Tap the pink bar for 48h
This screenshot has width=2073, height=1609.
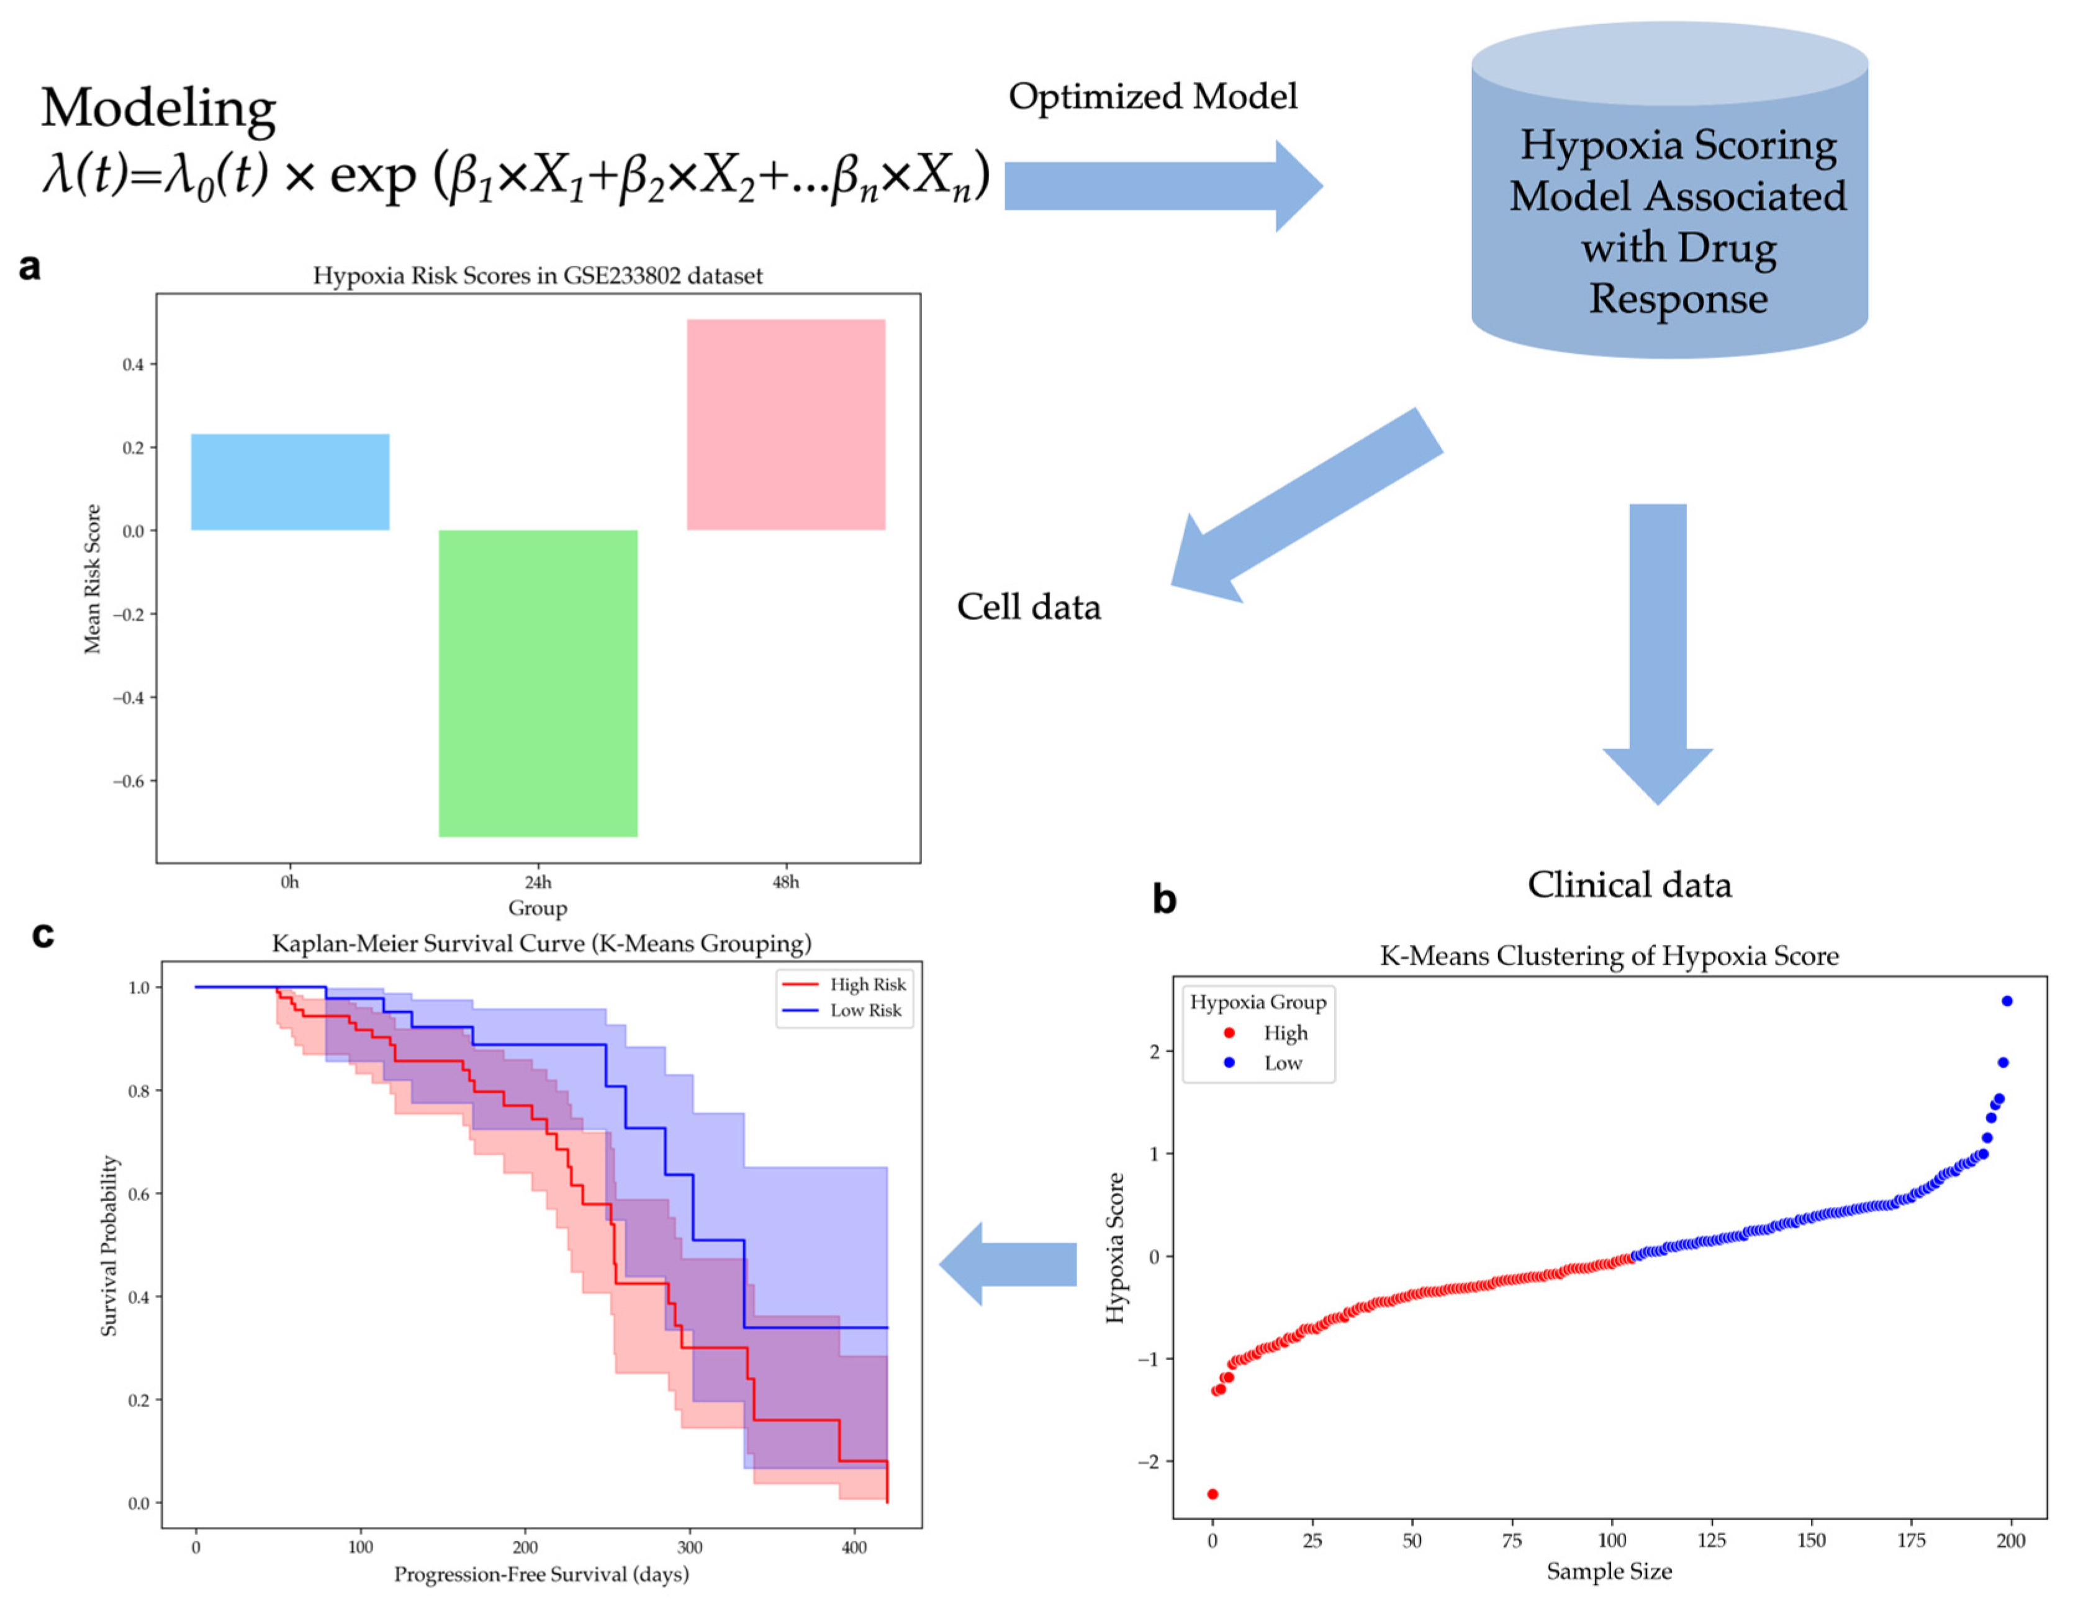click(x=786, y=425)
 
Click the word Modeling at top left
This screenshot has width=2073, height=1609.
click(x=158, y=107)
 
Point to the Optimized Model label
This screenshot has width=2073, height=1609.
click(x=1152, y=96)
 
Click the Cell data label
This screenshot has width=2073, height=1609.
click(x=1028, y=606)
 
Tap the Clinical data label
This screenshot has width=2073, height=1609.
click(x=1629, y=884)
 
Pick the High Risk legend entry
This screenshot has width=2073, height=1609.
click(x=845, y=985)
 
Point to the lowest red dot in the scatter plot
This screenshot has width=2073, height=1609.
click(x=1212, y=1494)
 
